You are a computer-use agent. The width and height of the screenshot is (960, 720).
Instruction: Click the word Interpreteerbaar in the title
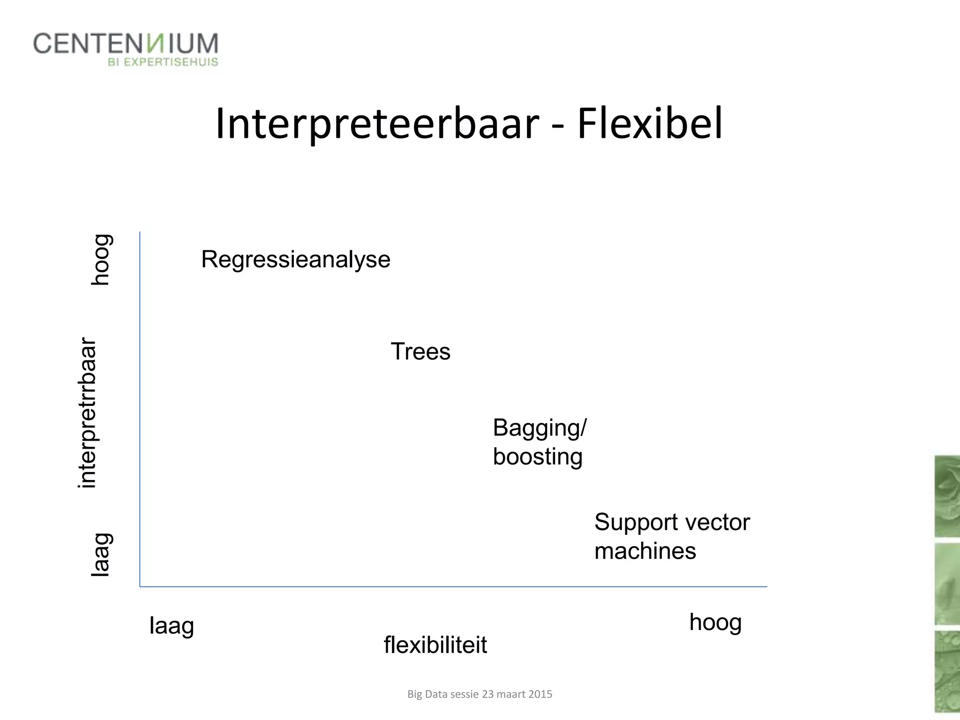click(377, 124)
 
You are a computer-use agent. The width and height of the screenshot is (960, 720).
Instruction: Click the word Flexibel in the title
click(650, 124)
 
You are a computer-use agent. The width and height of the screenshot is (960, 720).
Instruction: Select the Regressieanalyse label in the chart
click(295, 260)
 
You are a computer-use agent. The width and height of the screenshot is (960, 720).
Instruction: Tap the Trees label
click(420, 352)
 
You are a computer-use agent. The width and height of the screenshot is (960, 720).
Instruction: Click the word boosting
click(538, 457)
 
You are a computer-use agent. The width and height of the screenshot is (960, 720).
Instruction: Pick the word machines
click(645, 551)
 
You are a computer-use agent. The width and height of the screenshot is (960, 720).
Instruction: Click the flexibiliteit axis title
click(435, 645)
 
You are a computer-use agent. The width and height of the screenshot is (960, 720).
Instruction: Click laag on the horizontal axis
click(172, 626)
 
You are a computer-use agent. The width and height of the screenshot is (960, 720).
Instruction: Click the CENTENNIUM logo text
click(126, 44)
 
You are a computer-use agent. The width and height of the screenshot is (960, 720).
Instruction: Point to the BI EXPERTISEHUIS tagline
click(163, 62)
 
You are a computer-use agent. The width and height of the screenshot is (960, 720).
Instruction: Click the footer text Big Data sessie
click(443, 694)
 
